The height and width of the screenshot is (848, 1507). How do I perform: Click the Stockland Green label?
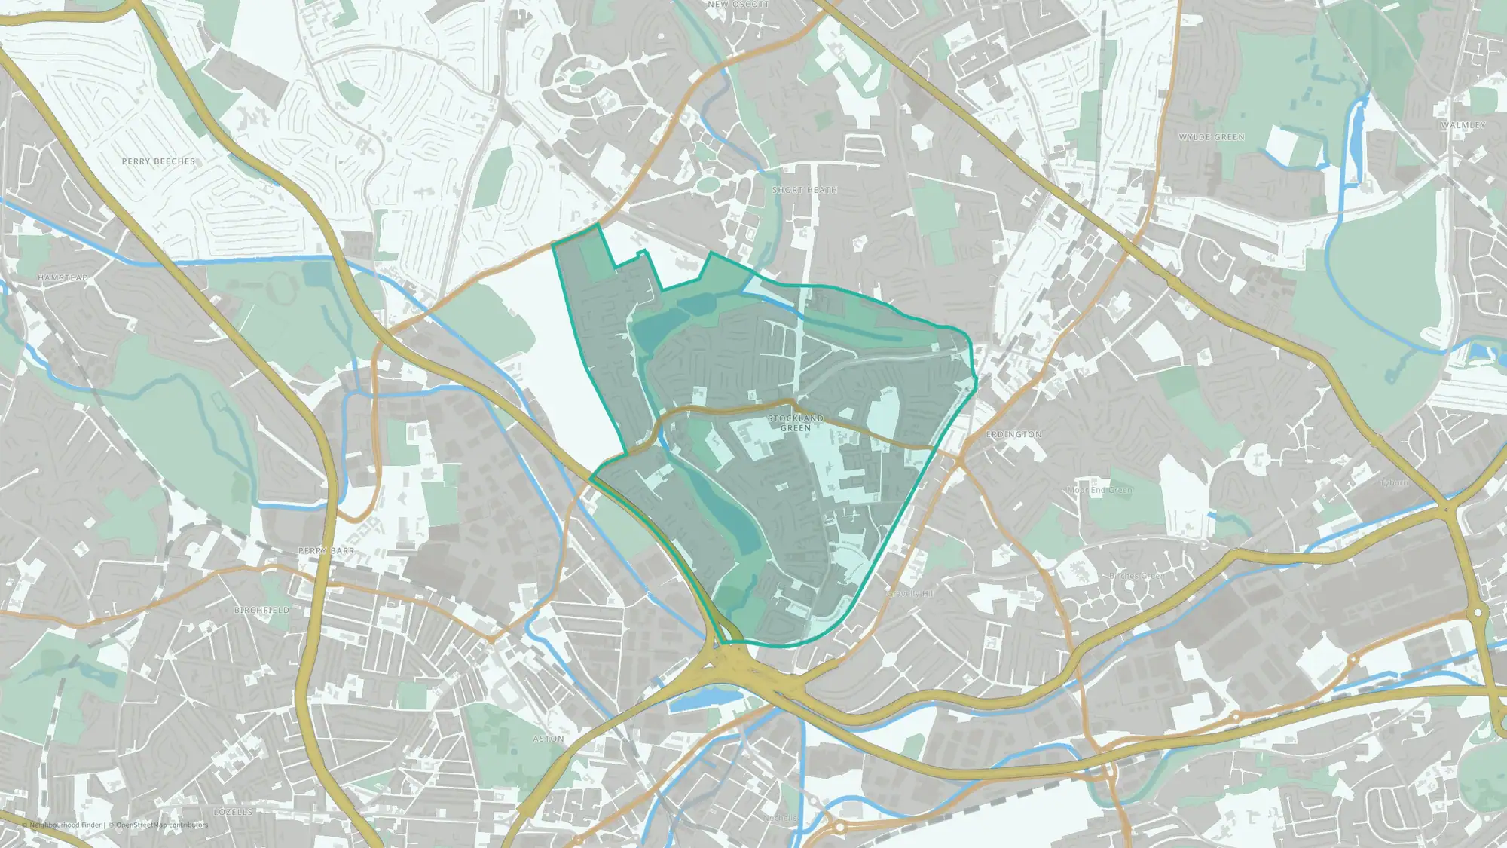[x=796, y=423]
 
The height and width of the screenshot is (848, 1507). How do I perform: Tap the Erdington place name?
[x=1013, y=434]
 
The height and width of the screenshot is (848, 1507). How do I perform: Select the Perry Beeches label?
[x=158, y=161]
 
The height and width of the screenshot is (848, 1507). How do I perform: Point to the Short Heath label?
[x=805, y=190]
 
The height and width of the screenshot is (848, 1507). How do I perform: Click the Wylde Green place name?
[x=1212, y=137]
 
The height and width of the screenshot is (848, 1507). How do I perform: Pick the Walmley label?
[x=1463, y=125]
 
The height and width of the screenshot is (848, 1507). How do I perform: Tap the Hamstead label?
[x=63, y=278]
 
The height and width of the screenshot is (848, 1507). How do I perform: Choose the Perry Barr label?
[x=326, y=551]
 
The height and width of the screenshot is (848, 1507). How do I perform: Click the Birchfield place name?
[x=261, y=610]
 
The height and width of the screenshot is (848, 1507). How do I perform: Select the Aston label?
[x=549, y=739]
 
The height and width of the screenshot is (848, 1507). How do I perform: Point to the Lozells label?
[x=234, y=812]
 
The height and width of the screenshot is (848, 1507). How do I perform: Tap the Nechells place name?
[x=780, y=818]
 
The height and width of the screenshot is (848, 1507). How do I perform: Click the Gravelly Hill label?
[x=910, y=594]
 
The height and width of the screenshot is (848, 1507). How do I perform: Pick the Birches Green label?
[x=1136, y=576]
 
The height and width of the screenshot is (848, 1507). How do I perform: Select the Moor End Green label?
[x=1099, y=491]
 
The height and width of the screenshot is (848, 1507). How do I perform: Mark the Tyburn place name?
[x=1394, y=482]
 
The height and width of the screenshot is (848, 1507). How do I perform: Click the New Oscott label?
[x=738, y=5]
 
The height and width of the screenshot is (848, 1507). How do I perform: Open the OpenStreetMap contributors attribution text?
[x=162, y=825]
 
